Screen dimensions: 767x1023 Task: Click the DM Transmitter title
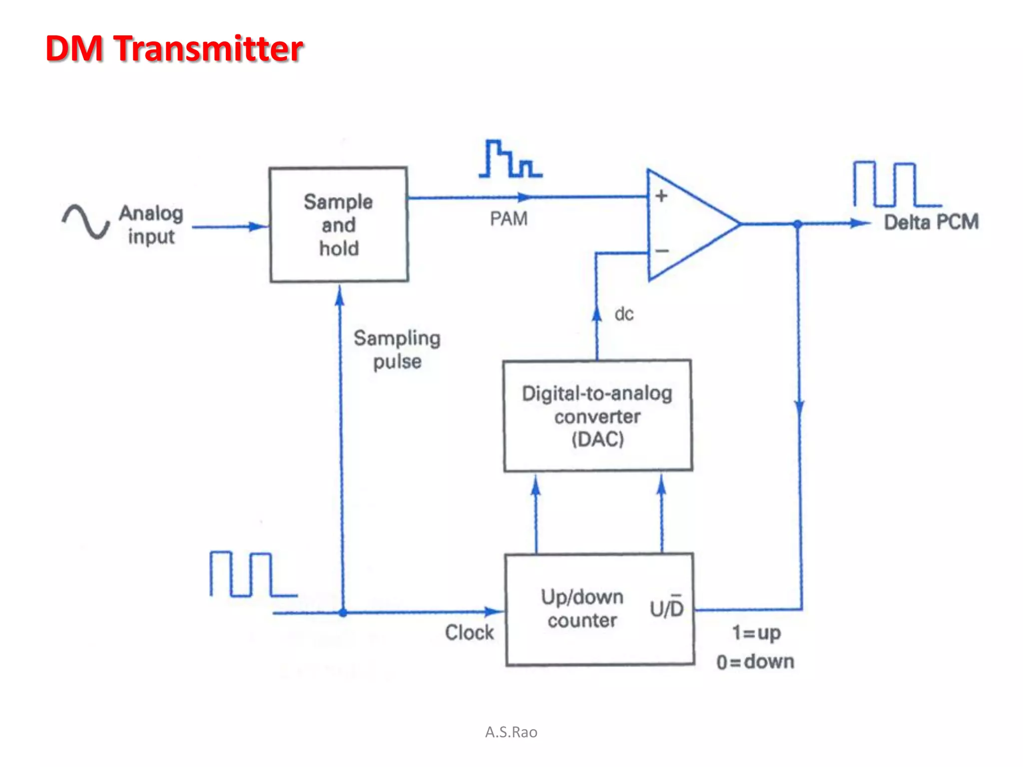coord(174,48)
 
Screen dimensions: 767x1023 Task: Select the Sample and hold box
coord(339,225)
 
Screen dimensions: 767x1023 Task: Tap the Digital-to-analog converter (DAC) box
coord(597,415)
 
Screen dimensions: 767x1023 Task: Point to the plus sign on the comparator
coord(661,196)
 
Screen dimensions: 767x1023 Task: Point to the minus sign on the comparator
coord(662,251)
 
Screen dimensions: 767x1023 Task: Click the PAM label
coord(509,219)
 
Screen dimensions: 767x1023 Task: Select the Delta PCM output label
coord(931,222)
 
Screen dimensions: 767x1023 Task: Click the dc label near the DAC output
coord(624,314)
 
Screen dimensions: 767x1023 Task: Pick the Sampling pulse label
coord(397,350)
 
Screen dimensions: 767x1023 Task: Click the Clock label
coord(469,633)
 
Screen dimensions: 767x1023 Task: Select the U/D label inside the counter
coord(666,607)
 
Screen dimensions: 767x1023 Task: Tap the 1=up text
coord(756,633)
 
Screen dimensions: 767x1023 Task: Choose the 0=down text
coord(755,662)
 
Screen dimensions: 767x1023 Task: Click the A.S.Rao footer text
coord(511,732)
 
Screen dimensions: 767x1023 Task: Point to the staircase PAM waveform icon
coord(510,159)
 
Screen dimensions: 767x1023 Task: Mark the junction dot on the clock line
coord(343,613)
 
